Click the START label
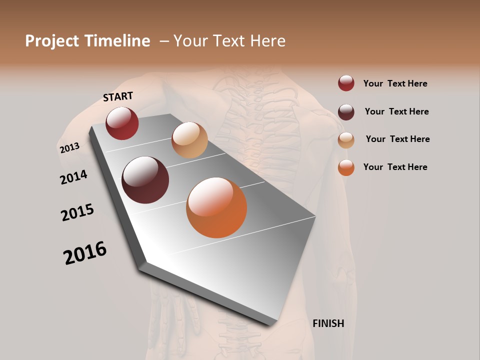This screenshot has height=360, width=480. [x=118, y=96]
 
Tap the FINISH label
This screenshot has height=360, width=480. [x=328, y=323]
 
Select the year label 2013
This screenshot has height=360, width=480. [x=69, y=148]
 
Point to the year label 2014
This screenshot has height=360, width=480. [x=73, y=177]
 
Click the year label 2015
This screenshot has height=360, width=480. [x=77, y=212]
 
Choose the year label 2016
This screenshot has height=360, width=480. [x=85, y=253]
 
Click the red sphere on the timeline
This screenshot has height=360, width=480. [x=122, y=123]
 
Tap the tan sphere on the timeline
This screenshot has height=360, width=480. [x=189, y=140]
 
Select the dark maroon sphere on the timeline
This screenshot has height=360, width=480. [x=145, y=180]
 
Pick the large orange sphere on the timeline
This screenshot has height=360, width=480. [x=216, y=207]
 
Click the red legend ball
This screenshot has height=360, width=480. [x=346, y=83]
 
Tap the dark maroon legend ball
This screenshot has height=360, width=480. [x=346, y=111]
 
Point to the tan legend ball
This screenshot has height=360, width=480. [x=346, y=139]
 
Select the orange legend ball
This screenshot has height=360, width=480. [x=346, y=167]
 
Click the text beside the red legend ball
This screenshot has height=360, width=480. [x=395, y=83]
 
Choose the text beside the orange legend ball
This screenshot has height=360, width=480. [x=395, y=167]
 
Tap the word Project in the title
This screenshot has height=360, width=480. [x=52, y=41]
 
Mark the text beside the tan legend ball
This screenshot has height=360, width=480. [x=397, y=139]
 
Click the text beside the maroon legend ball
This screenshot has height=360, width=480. [x=396, y=111]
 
